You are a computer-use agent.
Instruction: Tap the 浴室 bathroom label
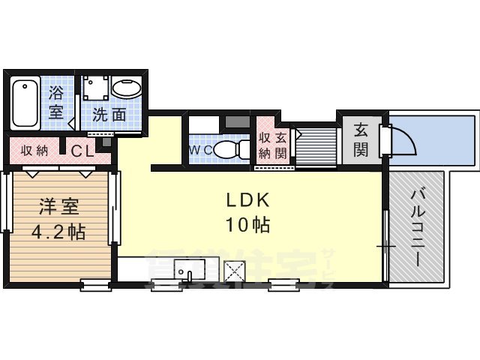point(57,103)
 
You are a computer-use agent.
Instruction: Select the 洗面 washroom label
point(108,115)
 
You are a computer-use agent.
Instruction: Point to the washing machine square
point(96,89)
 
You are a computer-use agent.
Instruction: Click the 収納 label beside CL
point(34,150)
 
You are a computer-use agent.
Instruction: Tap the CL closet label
point(82,150)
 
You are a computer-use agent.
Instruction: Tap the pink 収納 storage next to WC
point(265,144)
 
